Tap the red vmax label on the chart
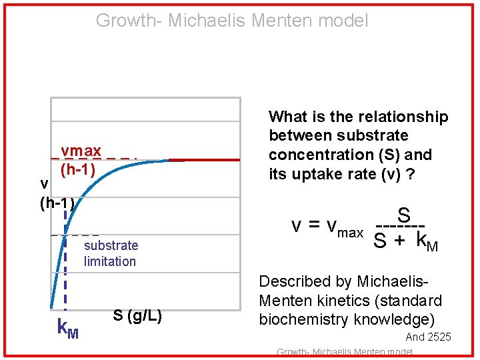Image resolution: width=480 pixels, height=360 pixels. [81, 151]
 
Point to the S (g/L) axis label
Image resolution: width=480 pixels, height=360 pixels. [137, 315]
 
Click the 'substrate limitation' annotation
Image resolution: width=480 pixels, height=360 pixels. [111, 253]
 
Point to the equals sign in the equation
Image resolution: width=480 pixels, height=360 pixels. [313, 226]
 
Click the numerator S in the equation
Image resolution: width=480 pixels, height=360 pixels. [403, 215]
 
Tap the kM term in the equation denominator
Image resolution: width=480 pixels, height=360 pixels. [427, 240]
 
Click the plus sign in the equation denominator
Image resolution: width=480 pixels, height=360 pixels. [399, 241]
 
